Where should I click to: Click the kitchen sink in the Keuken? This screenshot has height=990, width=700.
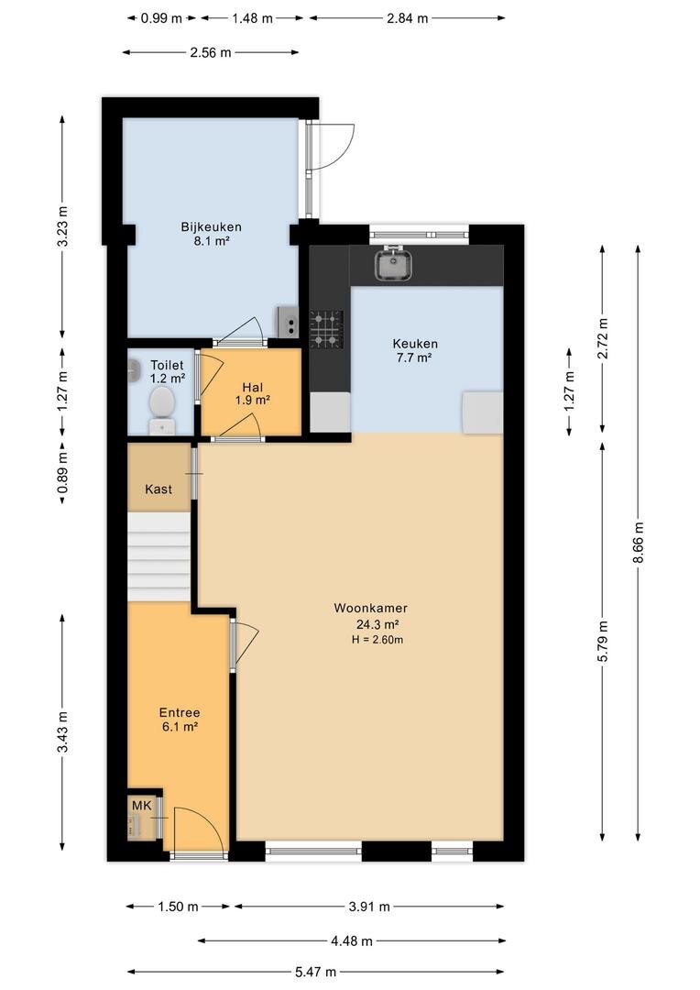click(394, 264)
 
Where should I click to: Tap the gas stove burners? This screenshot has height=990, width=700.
click(327, 330)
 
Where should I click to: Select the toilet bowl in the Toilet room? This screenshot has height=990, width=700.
click(161, 404)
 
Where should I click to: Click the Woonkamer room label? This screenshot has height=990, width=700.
click(370, 609)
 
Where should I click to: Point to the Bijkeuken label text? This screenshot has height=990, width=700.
click(211, 227)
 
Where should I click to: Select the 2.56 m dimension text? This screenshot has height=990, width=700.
click(210, 52)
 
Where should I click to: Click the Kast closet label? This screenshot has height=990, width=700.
click(159, 489)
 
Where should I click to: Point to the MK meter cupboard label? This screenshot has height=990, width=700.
click(141, 806)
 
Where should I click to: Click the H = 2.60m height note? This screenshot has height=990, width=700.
click(377, 640)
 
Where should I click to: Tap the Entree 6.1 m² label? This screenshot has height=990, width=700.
click(180, 720)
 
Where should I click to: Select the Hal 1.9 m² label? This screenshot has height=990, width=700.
click(253, 393)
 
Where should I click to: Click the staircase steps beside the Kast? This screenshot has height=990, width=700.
click(159, 556)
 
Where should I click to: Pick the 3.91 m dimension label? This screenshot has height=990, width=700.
click(369, 907)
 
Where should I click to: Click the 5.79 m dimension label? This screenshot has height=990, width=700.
click(603, 642)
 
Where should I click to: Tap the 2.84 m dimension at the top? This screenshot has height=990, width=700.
click(407, 18)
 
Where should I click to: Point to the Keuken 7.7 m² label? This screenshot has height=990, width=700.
click(415, 350)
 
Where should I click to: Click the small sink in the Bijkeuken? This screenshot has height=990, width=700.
click(288, 322)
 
